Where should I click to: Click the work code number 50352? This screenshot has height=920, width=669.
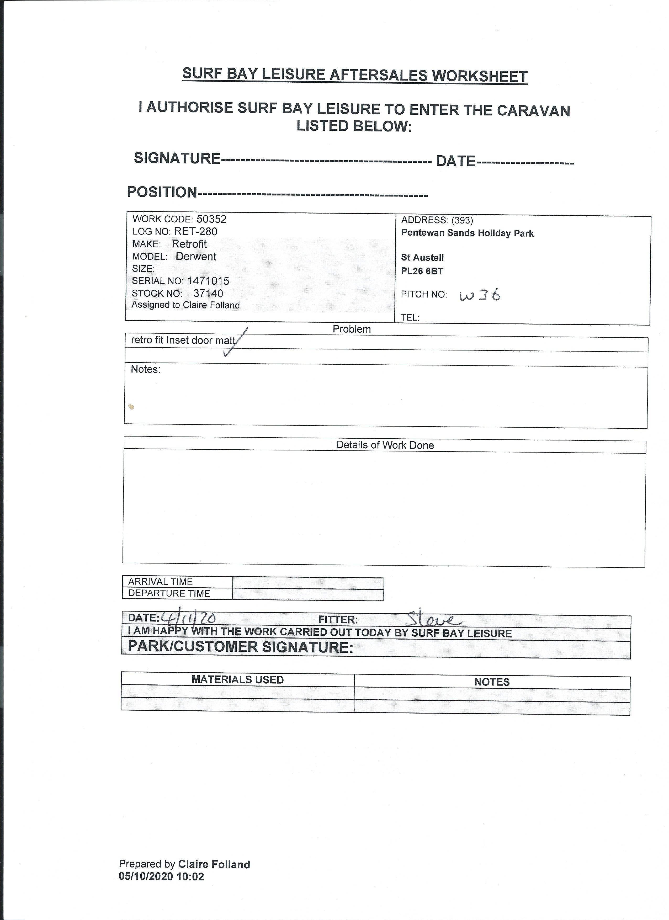coord(211,219)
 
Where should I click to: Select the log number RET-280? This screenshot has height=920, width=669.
coord(195,232)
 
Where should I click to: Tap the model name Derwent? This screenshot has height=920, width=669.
coord(196,256)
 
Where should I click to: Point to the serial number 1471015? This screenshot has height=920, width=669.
coord(208,281)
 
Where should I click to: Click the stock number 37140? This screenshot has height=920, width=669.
coord(208,293)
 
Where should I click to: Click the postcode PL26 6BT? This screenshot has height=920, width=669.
coord(422,271)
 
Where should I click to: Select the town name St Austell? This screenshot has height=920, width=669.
coord(422,258)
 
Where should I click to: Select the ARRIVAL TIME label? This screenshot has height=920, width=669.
coord(160,582)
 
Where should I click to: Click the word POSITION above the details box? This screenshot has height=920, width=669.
coord(162,192)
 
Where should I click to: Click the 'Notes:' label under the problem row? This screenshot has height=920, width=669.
coord(145,369)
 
